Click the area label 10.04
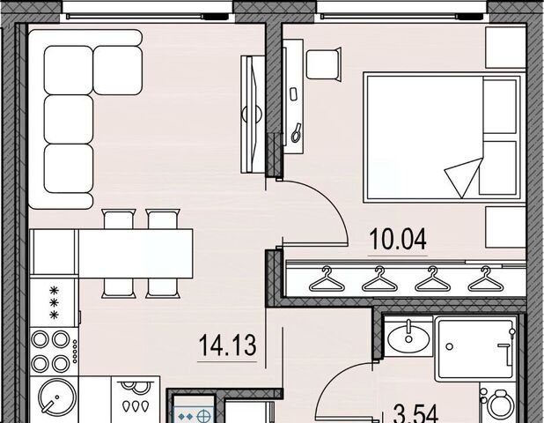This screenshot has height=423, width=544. click(x=398, y=240)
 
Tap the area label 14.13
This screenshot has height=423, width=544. click(x=228, y=345)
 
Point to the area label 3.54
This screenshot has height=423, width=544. click(x=416, y=414)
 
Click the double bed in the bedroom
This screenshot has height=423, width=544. click(x=443, y=137)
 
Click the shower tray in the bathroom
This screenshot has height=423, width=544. click(x=476, y=348)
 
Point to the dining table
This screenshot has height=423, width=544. click(x=136, y=254)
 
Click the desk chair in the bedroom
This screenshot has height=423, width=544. click(x=323, y=64)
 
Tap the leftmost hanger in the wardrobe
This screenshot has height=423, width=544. click(x=327, y=278)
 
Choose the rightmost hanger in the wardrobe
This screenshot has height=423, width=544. click(x=485, y=278)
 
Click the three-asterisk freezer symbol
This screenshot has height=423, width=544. click(x=54, y=302)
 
